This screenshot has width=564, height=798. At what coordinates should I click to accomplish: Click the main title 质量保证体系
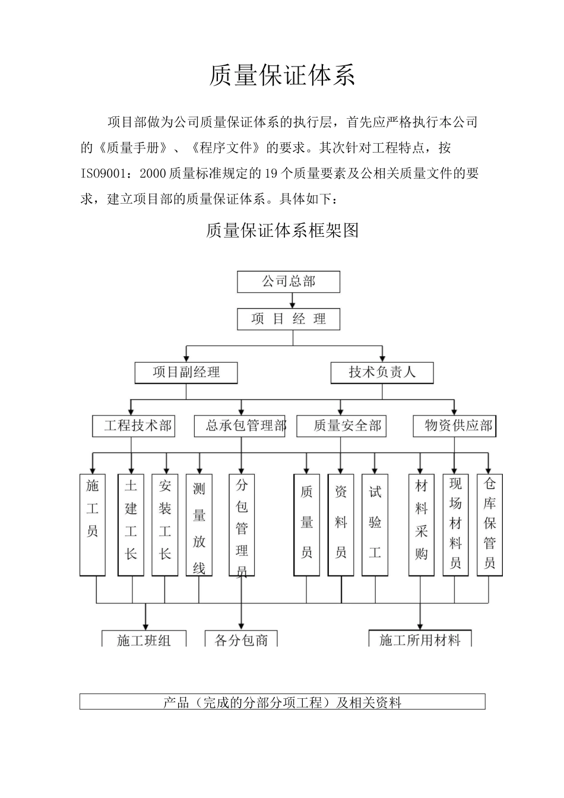(x=282, y=77)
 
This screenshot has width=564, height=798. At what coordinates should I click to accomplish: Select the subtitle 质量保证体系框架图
(x=282, y=230)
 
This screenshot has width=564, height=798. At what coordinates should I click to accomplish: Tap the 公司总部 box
(x=289, y=282)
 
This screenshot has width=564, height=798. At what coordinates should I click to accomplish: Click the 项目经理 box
(x=289, y=319)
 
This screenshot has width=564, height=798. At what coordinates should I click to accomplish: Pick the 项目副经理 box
(x=186, y=372)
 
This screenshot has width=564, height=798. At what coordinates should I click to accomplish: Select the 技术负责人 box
(x=382, y=372)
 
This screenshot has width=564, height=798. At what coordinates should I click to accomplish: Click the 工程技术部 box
(x=134, y=426)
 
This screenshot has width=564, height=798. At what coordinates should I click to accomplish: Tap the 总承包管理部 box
(x=240, y=426)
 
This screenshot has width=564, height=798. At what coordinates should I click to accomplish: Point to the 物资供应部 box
(x=454, y=426)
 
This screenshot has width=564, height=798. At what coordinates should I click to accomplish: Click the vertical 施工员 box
(x=93, y=525)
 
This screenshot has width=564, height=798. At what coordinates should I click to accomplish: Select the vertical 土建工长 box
(x=131, y=525)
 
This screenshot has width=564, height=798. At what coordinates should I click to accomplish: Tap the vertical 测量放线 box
(x=199, y=525)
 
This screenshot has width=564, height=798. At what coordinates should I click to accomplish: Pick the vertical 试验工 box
(x=375, y=525)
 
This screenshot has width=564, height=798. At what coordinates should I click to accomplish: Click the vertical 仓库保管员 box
(x=490, y=525)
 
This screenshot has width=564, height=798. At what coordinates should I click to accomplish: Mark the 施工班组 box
(x=144, y=639)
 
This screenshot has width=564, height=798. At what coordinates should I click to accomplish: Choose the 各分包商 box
(x=241, y=639)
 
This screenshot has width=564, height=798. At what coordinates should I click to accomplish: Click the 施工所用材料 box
(x=420, y=639)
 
